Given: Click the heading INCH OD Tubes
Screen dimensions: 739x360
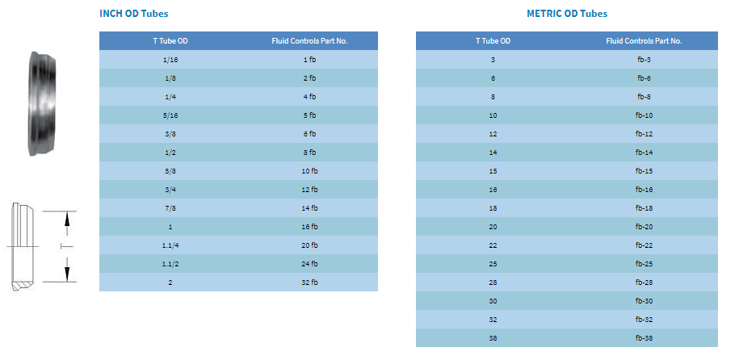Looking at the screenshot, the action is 134,14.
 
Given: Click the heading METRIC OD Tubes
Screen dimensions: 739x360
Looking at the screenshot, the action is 567,14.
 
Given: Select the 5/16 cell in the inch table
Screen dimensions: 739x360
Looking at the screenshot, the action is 170,115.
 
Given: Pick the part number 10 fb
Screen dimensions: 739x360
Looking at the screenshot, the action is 309,171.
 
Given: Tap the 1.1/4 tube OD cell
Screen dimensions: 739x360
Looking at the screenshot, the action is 170,245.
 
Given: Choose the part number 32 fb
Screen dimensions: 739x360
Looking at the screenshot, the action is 309,283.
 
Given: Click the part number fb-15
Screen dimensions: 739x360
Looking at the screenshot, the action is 644,171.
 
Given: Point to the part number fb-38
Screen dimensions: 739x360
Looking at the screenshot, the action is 644,338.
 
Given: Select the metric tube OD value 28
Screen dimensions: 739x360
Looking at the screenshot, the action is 493,283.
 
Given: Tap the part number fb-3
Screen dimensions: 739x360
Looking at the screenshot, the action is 644,60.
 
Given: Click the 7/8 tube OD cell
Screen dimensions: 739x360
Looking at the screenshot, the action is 170,208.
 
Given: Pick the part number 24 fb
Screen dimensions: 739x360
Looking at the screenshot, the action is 309,264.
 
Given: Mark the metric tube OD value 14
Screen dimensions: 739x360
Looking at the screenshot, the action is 493,153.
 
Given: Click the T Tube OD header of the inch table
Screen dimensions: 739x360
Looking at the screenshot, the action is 170,41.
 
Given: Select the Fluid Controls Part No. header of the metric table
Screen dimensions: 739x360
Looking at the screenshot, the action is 644,41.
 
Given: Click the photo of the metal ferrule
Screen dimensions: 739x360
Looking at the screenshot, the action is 42,103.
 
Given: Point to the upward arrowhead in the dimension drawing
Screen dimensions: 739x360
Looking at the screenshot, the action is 67,218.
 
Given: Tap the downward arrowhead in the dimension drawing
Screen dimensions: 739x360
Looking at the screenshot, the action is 67,274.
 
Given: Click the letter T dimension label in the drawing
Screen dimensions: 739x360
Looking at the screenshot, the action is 67,246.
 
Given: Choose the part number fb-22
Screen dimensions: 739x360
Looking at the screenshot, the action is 644,245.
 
